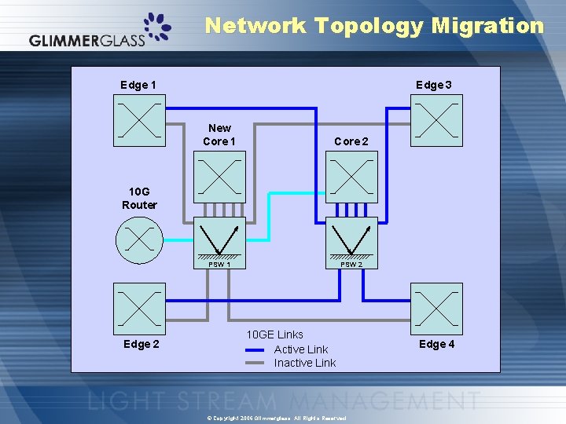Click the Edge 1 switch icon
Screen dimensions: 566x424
[x=140, y=121]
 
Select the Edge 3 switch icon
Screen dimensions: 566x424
[x=438, y=121]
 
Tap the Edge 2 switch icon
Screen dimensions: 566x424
[x=140, y=309]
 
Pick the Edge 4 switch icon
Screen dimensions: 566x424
[x=438, y=309]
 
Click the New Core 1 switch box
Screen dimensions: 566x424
[x=219, y=177]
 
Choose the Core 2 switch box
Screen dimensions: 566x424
[x=351, y=177]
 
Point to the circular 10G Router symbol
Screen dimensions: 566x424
[x=139, y=239]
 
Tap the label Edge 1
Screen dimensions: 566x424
[x=138, y=85]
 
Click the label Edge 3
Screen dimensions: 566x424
[x=433, y=85]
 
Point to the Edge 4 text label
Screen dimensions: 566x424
[x=436, y=344]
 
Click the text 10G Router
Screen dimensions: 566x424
[x=139, y=198]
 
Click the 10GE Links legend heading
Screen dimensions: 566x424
[x=274, y=334]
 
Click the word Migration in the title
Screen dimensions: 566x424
[x=487, y=25]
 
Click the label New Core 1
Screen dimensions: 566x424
[x=219, y=134]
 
